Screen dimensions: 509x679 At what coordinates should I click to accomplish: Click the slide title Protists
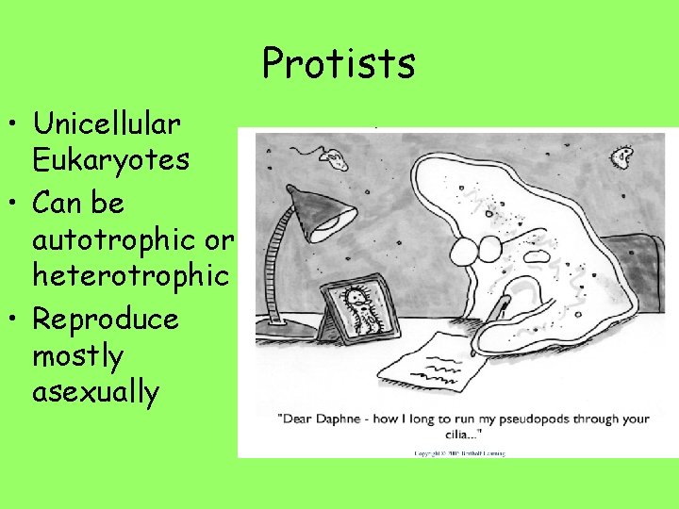339,63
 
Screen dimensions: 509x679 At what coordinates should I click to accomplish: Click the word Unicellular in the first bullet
106,123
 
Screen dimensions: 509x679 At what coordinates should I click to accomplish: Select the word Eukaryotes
111,159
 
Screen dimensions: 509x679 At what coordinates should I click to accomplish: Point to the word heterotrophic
131,275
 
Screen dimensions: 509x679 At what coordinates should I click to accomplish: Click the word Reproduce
106,319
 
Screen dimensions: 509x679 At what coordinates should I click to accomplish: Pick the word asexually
95,391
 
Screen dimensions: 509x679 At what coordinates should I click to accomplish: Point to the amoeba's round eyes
477,251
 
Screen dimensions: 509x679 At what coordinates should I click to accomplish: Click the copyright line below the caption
459,452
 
